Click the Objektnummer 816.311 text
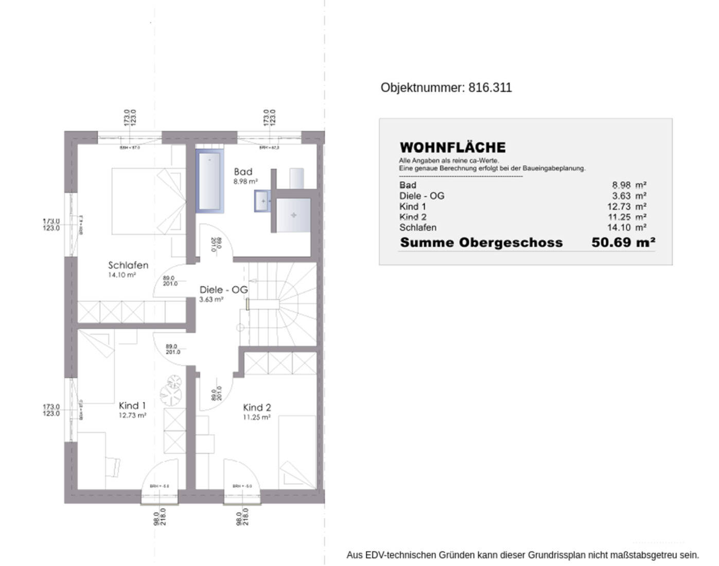click(x=446, y=88)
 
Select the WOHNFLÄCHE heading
click(x=452, y=148)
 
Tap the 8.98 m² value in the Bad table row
click(x=629, y=185)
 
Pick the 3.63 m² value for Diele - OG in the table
click(x=629, y=196)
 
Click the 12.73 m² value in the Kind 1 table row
click(x=626, y=207)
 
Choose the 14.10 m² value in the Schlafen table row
click(x=626, y=227)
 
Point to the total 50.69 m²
click(x=623, y=242)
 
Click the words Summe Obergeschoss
click(x=481, y=243)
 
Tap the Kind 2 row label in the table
click(x=413, y=217)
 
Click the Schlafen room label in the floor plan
click(x=128, y=266)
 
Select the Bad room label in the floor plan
click(x=243, y=172)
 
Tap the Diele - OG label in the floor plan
click(x=223, y=290)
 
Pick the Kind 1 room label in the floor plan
click(x=132, y=406)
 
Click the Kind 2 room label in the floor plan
click(x=257, y=408)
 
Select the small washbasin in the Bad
click(x=262, y=201)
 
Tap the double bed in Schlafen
click(x=148, y=201)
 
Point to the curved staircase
click(x=288, y=304)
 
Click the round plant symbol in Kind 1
click(x=171, y=390)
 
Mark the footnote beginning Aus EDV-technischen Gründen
click(x=522, y=555)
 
